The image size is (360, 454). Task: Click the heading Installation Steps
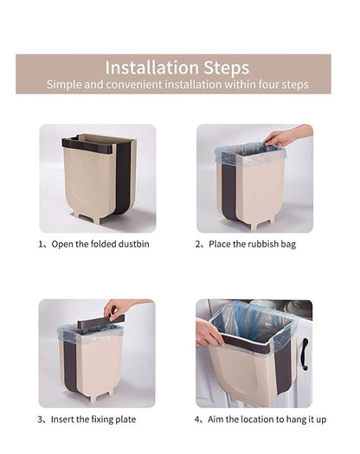point(177,67)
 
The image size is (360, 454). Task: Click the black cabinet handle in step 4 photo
point(305,355)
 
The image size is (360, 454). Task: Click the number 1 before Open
point(41,245)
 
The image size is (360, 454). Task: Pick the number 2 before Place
point(198,245)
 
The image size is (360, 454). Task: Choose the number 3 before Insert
point(41,419)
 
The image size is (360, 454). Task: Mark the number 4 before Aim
point(198,419)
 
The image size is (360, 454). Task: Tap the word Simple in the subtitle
point(64,85)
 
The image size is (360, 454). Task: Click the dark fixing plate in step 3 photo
point(100,323)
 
